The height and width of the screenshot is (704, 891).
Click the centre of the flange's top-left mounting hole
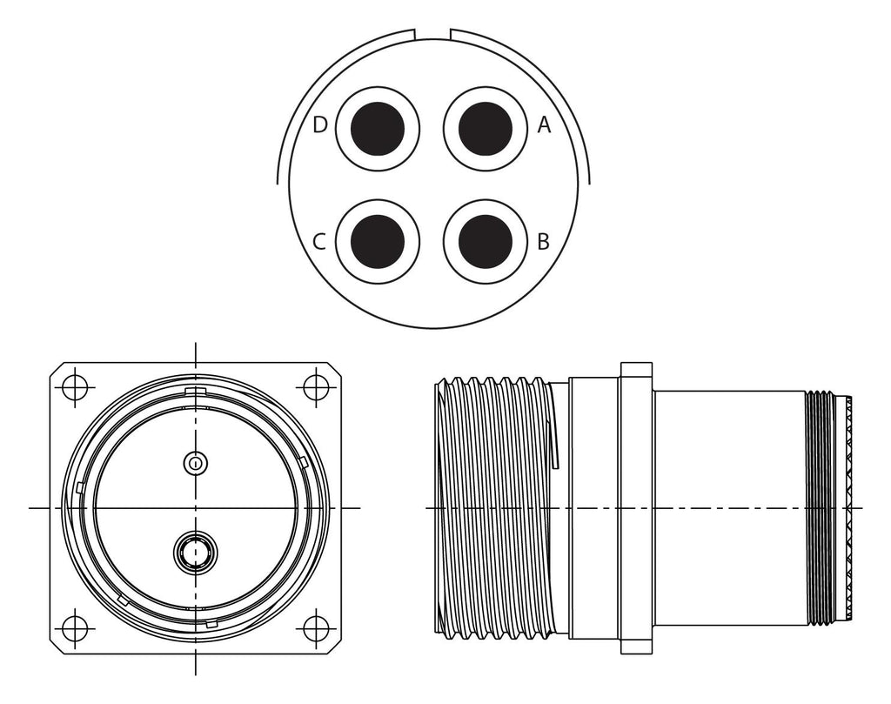click(75, 387)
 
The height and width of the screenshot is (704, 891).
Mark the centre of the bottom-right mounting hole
click(316, 628)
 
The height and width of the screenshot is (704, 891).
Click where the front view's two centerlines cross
click(196, 507)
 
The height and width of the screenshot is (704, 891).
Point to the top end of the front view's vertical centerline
click(196, 343)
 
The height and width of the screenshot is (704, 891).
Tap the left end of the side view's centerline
click(426, 507)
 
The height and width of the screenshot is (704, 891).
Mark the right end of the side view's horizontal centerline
click(862, 507)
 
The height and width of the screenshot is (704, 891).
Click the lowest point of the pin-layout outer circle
click(433, 328)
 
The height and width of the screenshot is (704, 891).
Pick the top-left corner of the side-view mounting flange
click(621, 363)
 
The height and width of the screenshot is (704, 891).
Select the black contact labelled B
click(485, 242)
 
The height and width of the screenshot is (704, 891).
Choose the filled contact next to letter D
click(378, 129)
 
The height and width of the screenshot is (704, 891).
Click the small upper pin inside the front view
click(196, 463)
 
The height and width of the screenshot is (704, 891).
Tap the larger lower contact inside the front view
click(196, 552)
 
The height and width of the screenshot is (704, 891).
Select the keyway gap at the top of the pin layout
click(432, 34)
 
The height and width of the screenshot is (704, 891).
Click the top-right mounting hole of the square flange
click(316, 387)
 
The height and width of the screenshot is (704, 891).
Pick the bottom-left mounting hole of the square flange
click(75, 628)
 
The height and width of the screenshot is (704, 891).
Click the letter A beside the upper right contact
click(545, 124)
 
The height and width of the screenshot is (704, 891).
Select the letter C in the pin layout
click(319, 242)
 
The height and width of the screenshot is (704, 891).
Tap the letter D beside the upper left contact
click(320, 124)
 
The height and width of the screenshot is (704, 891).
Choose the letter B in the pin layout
click(543, 242)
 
